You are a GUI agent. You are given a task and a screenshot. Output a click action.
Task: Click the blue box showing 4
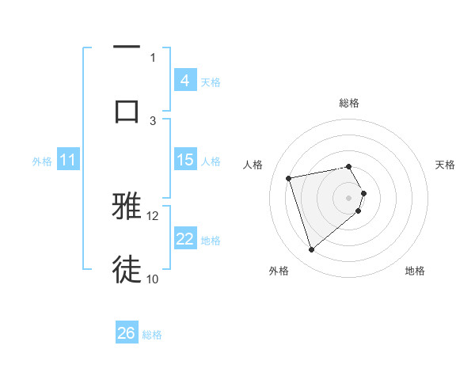coord(184,81)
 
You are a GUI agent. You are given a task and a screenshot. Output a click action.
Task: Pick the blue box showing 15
coord(184,160)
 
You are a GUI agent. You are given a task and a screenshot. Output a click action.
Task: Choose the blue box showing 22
coord(184,239)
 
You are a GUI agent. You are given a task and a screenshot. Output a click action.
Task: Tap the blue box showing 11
coord(67,161)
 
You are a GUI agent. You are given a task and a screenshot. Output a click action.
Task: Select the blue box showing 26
coord(127,334)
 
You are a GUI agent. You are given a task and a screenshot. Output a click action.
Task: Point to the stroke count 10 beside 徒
coord(153,279)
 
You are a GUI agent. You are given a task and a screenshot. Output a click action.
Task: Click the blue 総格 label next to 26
coord(152,335)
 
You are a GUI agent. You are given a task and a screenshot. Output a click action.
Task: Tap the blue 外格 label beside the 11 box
coord(42,161)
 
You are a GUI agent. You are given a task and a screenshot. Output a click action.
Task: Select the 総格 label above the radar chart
coord(349,103)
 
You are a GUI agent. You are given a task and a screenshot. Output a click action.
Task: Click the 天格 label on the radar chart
coord(445,165)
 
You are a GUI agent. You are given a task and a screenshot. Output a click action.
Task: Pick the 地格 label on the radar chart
coord(415,271)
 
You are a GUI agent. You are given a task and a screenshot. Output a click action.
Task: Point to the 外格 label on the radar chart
coord(279,271)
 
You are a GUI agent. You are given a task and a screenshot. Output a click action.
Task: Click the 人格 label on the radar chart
coord(253,165)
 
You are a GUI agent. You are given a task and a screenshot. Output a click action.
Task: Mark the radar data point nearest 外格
coord(311,250)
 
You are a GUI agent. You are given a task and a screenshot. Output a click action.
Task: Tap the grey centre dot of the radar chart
coord(349,196)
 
